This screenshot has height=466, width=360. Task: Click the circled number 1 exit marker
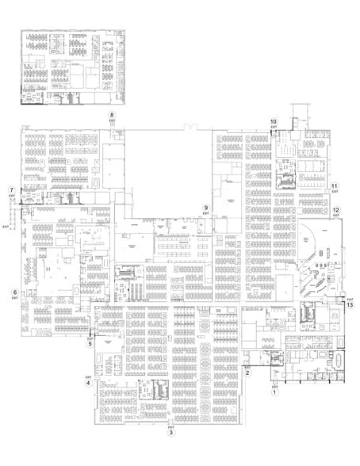coord(275,391)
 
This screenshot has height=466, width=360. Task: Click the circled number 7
coord(11,190)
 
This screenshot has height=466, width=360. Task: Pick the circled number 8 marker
coord(112,116)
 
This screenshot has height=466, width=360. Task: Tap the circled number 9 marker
coord(205,208)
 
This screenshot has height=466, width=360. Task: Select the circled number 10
coord(274,120)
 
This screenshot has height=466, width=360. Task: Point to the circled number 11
coord(335,187)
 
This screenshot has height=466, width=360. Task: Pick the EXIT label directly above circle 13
coord(350,300)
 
